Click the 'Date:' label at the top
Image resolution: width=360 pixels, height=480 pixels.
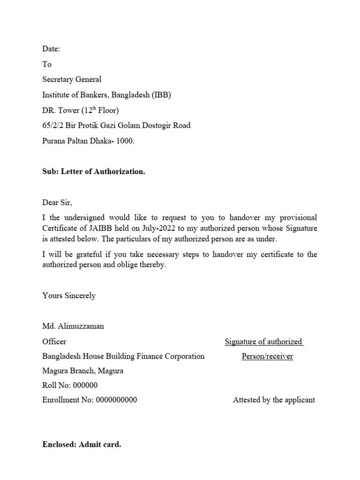click(51, 49)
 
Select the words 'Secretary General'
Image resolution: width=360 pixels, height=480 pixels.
click(72, 79)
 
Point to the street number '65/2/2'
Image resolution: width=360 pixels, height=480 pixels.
click(52, 125)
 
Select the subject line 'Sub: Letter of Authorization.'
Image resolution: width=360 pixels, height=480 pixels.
click(94, 172)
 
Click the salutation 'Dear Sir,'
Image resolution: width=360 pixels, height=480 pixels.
click(58, 202)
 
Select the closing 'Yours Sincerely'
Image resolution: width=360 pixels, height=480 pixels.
click(69, 295)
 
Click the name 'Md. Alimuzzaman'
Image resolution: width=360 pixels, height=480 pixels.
click(73, 326)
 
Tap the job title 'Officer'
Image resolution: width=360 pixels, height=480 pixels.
click(54, 341)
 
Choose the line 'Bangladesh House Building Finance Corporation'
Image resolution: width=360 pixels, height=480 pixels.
click(123, 356)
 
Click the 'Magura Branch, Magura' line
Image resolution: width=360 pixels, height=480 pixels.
click(83, 371)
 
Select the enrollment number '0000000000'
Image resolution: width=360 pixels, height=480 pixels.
click(116, 400)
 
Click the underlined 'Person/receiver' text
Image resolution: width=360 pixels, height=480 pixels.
click(267, 356)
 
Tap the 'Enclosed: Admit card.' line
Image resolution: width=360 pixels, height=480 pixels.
click(82, 444)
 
